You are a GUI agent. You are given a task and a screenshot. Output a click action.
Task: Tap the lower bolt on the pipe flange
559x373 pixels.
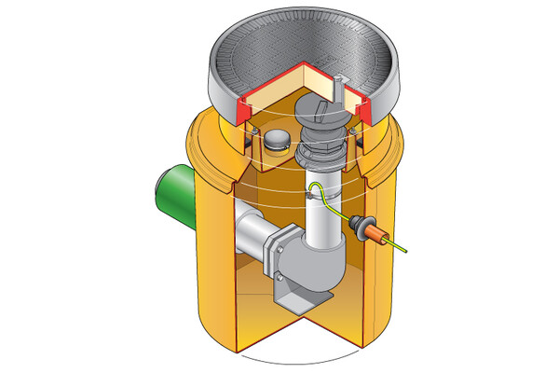[x=279, y=278]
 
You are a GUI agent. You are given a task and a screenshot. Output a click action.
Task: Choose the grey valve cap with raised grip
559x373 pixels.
[x=322, y=117]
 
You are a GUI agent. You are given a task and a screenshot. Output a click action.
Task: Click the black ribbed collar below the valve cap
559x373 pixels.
[x=321, y=154]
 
